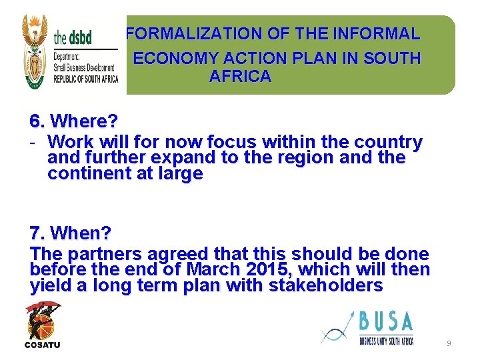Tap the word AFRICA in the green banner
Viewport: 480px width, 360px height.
[x=240, y=76]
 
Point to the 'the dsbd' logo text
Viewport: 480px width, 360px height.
[x=73, y=36]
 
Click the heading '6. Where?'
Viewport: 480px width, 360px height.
[x=73, y=122]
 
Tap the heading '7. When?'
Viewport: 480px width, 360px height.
[x=71, y=234]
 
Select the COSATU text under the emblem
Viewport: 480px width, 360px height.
[x=43, y=345]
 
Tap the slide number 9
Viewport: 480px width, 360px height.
[x=449, y=343]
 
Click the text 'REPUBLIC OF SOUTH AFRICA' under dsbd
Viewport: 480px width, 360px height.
[x=85, y=79]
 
